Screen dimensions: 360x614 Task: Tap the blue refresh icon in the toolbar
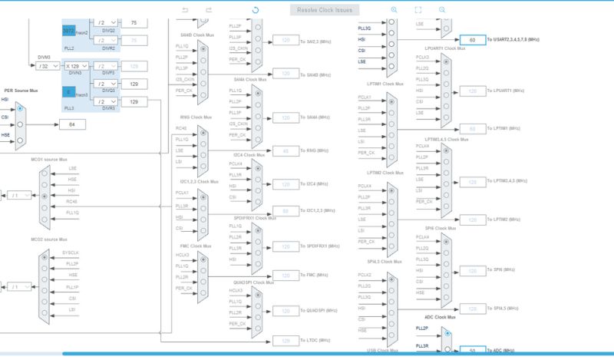tap(256, 10)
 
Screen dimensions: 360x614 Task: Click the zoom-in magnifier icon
tap(394, 10)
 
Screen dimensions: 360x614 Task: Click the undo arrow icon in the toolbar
tap(185, 10)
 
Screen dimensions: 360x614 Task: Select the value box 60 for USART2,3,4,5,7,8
tap(472, 39)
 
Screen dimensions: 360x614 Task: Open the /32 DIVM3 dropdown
tap(48, 67)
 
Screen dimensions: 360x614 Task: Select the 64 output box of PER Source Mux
tap(72, 124)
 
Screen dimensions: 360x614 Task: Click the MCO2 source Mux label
tap(48, 239)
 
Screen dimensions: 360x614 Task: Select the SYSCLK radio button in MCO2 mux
tap(44, 253)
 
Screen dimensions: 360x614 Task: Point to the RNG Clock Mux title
tap(188, 117)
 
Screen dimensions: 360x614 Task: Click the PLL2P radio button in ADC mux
tap(445, 329)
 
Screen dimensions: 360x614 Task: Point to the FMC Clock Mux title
tap(188, 246)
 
